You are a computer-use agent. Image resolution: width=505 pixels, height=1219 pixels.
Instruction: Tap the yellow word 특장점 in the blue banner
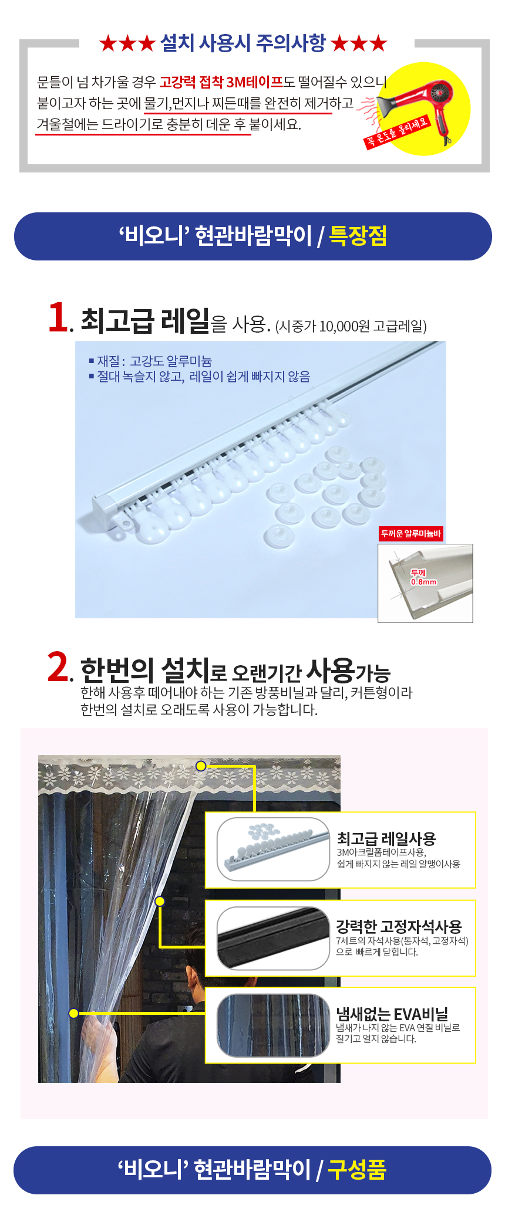(x=358, y=236)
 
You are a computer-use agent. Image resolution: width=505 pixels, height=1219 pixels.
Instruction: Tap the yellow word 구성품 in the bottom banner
(x=357, y=1170)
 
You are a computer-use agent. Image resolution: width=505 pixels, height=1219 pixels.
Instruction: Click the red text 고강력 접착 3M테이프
(x=221, y=82)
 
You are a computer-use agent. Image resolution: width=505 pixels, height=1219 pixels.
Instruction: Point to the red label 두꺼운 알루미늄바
(x=410, y=533)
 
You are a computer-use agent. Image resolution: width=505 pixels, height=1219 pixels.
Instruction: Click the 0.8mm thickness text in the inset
(x=423, y=582)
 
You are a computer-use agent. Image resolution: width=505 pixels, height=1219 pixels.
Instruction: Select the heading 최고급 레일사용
(x=386, y=838)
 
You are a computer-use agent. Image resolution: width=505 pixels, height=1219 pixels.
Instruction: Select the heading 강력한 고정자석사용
(x=399, y=926)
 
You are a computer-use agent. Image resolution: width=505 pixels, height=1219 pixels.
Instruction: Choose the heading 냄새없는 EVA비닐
(x=392, y=1014)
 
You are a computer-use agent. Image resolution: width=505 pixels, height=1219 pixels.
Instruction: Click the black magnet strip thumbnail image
(x=273, y=938)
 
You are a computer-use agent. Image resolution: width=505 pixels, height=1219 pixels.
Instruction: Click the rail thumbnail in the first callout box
(x=273, y=849)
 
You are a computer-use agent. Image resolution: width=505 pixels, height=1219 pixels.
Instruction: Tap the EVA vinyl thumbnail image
(x=273, y=1025)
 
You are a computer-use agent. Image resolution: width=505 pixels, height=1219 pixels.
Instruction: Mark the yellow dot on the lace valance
(x=201, y=766)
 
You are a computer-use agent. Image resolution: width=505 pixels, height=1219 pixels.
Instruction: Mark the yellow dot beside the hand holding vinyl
(x=73, y=1013)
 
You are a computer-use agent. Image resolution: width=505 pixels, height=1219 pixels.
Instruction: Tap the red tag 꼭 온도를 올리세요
(x=398, y=133)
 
